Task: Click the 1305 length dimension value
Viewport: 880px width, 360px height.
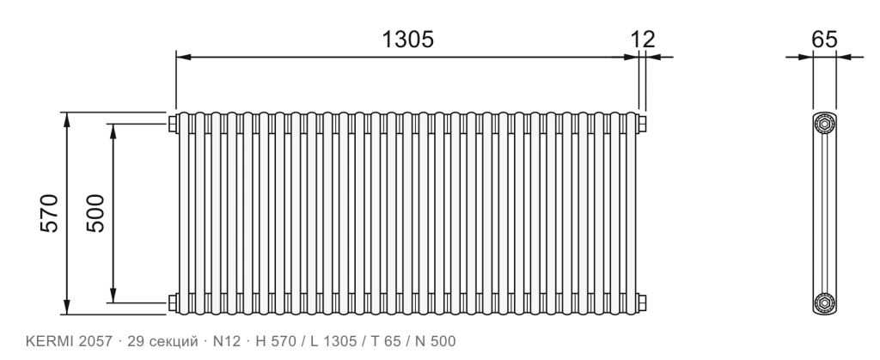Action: click(407, 40)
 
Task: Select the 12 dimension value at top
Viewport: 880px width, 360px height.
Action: click(643, 40)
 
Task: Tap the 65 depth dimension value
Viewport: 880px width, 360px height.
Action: click(824, 40)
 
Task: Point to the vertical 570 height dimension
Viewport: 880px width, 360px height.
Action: click(49, 213)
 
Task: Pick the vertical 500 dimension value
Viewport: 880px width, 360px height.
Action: click(95, 213)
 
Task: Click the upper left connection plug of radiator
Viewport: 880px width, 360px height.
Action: click(173, 124)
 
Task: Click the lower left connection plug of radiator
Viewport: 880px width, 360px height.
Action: click(173, 302)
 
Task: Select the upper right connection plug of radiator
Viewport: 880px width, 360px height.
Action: click(641, 124)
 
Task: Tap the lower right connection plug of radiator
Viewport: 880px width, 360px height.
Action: click(641, 302)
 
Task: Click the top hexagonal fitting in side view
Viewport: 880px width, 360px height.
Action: click(824, 124)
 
